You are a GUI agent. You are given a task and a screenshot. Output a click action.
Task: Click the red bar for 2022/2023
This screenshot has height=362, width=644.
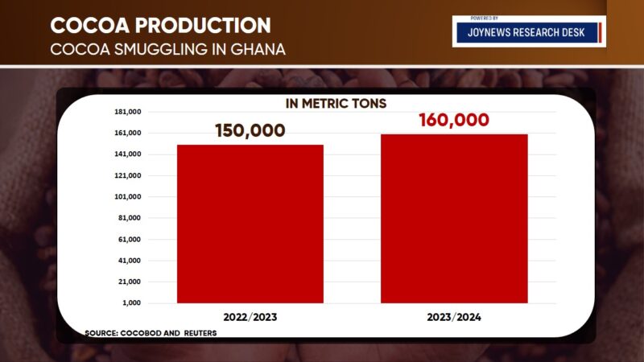250,224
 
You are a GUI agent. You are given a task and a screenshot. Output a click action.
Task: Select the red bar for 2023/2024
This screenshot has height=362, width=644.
454,219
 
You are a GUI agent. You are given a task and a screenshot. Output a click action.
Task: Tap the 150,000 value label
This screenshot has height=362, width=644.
250,130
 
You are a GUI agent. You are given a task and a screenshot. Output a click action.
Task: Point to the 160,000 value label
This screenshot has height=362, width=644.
454,121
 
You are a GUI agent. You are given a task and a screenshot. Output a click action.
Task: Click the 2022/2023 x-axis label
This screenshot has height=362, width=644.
250,318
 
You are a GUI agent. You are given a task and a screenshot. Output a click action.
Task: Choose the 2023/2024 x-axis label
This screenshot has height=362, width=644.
454,318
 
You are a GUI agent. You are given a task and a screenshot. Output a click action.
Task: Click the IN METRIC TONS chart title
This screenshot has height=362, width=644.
336,103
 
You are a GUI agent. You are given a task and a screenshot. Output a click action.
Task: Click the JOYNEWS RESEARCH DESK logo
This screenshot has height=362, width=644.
528,32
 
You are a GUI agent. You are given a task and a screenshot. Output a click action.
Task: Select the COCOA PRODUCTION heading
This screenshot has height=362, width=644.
160,24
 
